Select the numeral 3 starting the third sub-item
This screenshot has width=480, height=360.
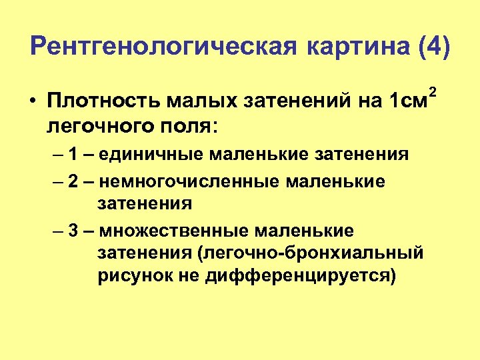[x=73, y=231]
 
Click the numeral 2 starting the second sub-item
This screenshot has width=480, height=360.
[x=73, y=182]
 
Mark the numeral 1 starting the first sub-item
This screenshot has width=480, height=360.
[x=73, y=155]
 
